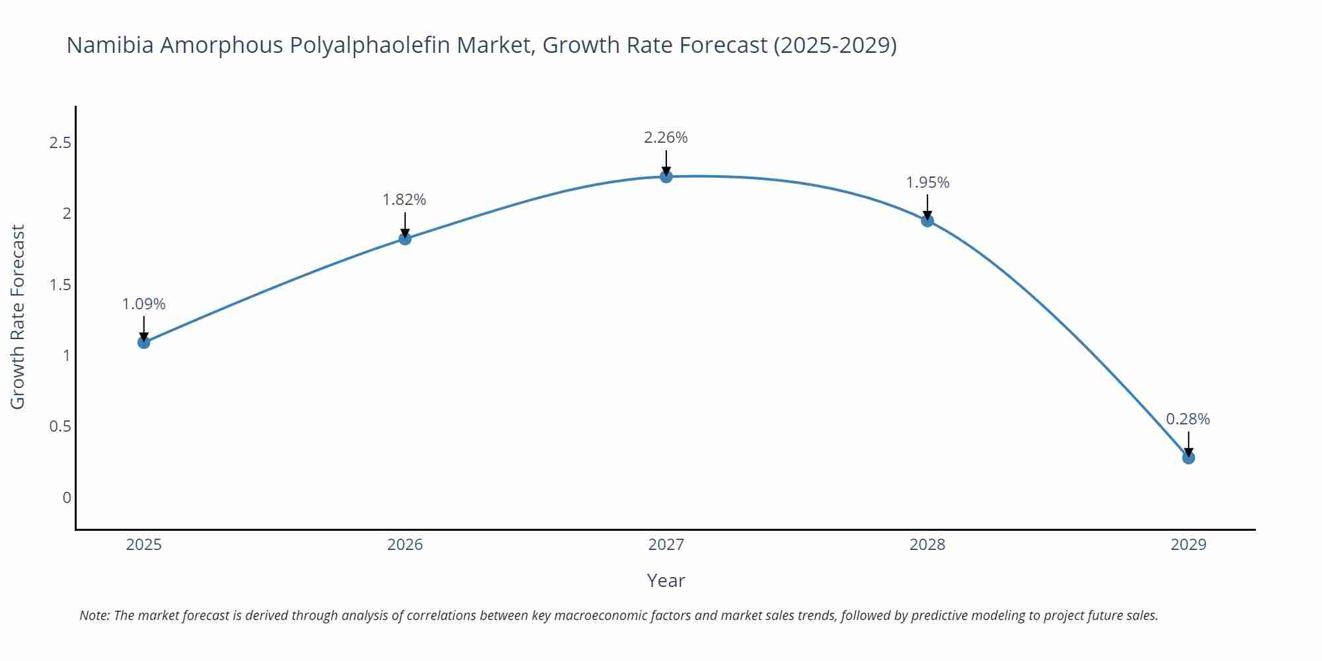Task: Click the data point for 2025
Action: click(x=144, y=342)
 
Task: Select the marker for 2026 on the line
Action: click(x=405, y=238)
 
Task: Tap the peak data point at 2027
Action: click(x=666, y=176)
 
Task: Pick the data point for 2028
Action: click(x=927, y=220)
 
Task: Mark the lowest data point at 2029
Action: click(x=1188, y=457)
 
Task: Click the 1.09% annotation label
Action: click(x=144, y=304)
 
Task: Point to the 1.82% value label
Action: click(x=405, y=200)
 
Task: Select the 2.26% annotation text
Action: click(x=666, y=137)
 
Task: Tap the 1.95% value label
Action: click(x=927, y=182)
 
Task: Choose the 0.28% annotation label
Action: click(x=1188, y=419)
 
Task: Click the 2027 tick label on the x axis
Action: click(x=666, y=545)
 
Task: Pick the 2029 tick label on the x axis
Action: click(x=1188, y=545)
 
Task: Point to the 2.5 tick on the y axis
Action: click(x=60, y=143)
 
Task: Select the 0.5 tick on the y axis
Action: click(x=60, y=426)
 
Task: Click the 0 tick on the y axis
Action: click(x=67, y=498)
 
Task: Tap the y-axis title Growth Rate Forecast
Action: click(x=18, y=317)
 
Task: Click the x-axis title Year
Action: click(x=666, y=580)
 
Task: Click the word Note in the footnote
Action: click(x=94, y=615)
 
